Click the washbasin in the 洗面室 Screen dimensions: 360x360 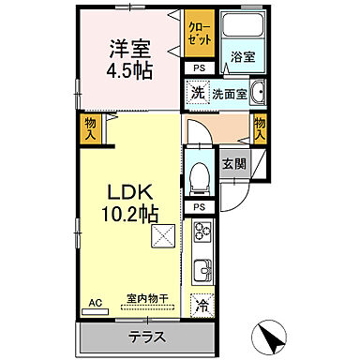tap(258, 93)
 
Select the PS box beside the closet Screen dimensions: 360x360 tap(198, 68)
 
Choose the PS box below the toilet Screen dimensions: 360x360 tap(198, 207)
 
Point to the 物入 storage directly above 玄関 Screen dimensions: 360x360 tap(260, 127)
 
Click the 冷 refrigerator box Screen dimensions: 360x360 tap(201, 304)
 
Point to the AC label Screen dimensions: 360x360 tap(94, 302)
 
